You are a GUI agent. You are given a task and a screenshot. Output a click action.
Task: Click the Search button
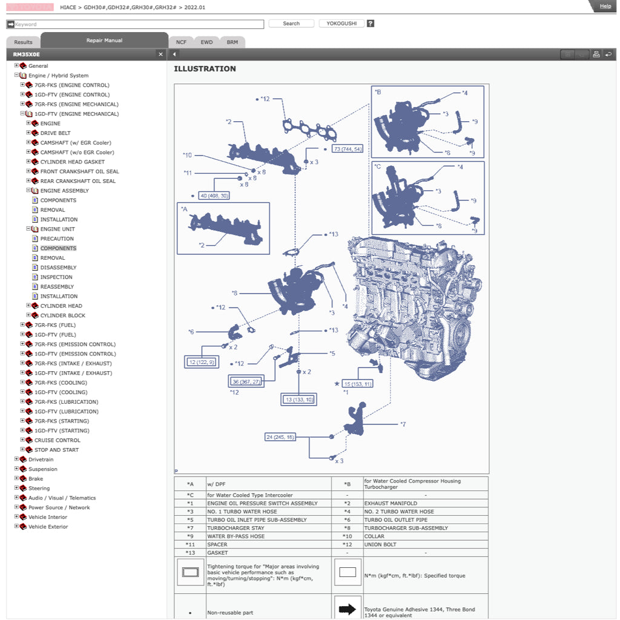point(291,24)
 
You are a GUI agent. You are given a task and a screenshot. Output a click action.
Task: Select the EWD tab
point(206,42)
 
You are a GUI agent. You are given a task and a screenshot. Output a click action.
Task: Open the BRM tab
point(232,42)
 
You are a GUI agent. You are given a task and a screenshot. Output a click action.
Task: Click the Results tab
point(23,42)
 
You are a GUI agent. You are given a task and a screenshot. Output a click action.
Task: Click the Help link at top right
point(605,6)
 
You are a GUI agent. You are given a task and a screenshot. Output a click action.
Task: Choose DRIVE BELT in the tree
point(55,133)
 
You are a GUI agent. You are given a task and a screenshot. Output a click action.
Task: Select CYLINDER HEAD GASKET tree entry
point(72,162)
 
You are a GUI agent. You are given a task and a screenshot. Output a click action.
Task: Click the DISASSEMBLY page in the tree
point(58,268)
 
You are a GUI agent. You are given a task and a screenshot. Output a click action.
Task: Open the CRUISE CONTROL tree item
point(57,440)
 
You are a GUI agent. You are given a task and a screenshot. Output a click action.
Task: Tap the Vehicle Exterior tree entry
point(48,527)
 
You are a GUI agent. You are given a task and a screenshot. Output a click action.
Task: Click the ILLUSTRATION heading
point(205,69)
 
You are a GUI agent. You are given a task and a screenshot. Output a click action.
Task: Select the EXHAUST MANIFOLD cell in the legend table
point(390,503)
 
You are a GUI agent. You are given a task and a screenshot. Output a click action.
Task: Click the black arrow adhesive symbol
point(347,609)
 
